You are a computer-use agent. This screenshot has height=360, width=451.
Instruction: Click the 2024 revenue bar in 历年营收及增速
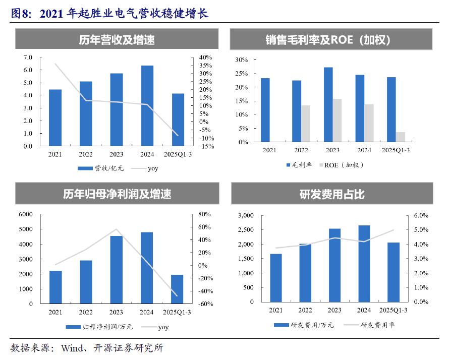pos(147,106)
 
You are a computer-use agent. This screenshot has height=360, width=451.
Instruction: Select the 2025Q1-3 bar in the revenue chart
pos(178,119)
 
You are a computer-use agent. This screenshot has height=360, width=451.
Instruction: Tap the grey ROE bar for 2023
pos(337,121)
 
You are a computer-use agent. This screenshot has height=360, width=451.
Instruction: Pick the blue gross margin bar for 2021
pos(265,110)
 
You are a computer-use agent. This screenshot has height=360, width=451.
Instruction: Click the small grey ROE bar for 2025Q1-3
pos(401,137)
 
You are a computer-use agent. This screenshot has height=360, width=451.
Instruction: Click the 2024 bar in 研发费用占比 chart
pos(364,264)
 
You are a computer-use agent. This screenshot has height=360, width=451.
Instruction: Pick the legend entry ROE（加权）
pos(343,165)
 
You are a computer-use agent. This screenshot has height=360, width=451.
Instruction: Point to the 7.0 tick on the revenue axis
pos(28,57)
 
